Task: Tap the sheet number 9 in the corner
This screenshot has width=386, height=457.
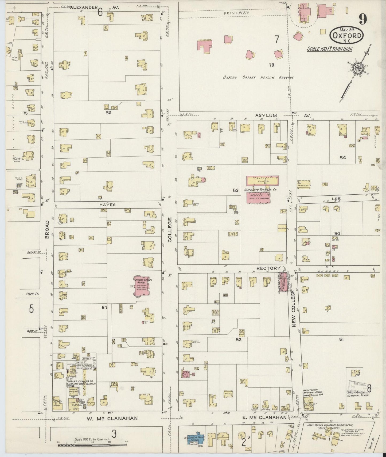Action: coord(363,19)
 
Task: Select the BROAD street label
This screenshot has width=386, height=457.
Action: coord(47,229)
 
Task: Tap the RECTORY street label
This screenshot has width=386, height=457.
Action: coord(268,268)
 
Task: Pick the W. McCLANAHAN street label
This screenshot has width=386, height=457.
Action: coord(112,418)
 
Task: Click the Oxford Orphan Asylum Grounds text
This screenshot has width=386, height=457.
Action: coord(258,77)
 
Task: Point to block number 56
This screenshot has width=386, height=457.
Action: coord(108,113)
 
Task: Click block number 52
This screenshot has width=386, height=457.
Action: coord(239,340)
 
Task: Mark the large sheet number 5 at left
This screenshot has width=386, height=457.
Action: coord(32,309)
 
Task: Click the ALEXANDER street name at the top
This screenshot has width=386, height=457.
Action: coord(84,7)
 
